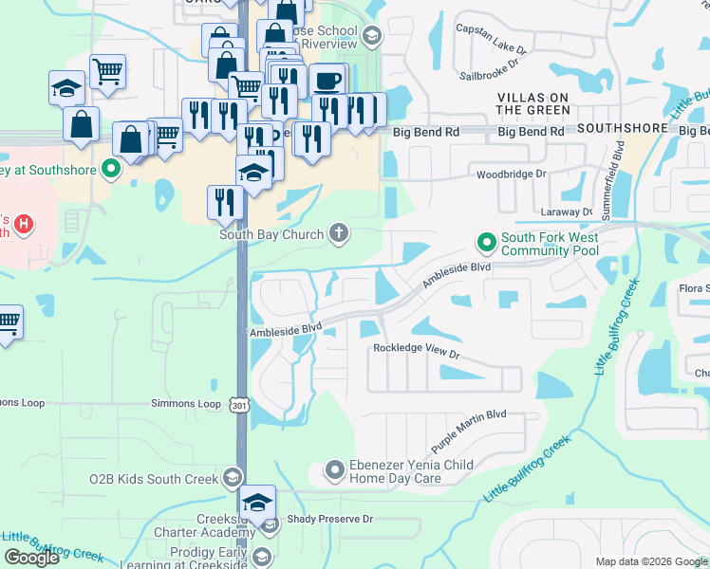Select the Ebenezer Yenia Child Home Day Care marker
pos(334,469)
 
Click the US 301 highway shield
pos(238,405)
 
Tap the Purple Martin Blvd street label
pos(469,430)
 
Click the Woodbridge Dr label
pos(512,174)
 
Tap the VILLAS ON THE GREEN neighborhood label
pos(532,103)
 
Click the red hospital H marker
pos(26,226)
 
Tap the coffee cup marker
pos(327,80)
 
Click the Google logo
pos(31,558)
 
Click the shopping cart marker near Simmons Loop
pos(8,321)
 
